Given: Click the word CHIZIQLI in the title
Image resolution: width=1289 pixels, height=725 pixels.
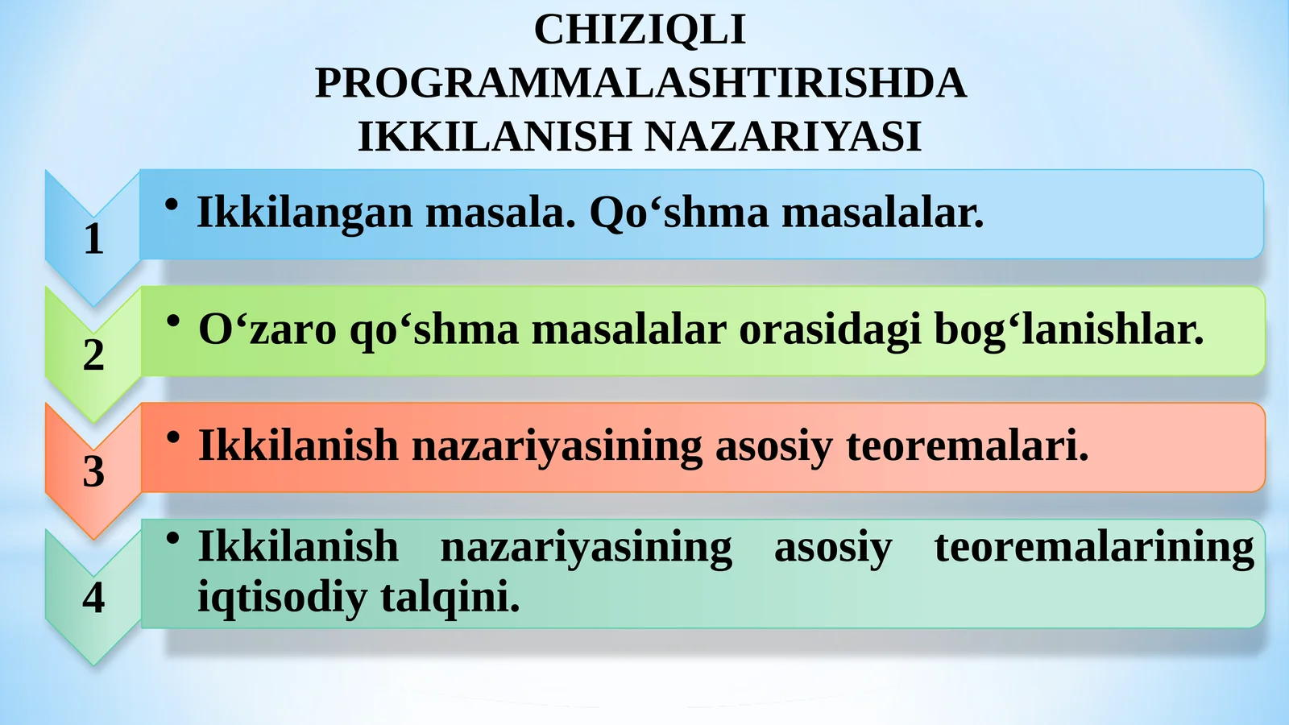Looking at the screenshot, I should (640, 31).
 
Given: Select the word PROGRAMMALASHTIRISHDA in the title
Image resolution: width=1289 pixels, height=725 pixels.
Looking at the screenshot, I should (640, 83).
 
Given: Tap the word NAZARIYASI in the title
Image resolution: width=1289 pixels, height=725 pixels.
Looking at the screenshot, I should (782, 136).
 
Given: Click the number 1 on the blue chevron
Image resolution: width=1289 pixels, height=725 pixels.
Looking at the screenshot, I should (93, 239).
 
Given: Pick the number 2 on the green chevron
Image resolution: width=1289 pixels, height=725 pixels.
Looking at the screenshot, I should (93, 355).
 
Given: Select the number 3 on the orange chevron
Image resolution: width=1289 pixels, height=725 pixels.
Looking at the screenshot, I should (93, 471).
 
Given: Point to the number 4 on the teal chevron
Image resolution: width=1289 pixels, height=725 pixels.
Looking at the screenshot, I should (93, 598).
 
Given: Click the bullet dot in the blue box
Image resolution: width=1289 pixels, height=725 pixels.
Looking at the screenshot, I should (171, 205).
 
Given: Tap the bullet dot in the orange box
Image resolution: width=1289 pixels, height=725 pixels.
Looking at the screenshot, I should (172, 437).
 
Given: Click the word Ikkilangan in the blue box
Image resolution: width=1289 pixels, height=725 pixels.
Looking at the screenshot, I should (305, 213).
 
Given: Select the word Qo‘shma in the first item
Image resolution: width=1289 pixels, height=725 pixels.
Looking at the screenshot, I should (679, 213).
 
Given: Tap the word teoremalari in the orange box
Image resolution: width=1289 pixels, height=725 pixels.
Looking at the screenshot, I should (967, 445).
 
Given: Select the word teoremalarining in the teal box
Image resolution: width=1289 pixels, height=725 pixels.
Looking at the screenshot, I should (1094, 547).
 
